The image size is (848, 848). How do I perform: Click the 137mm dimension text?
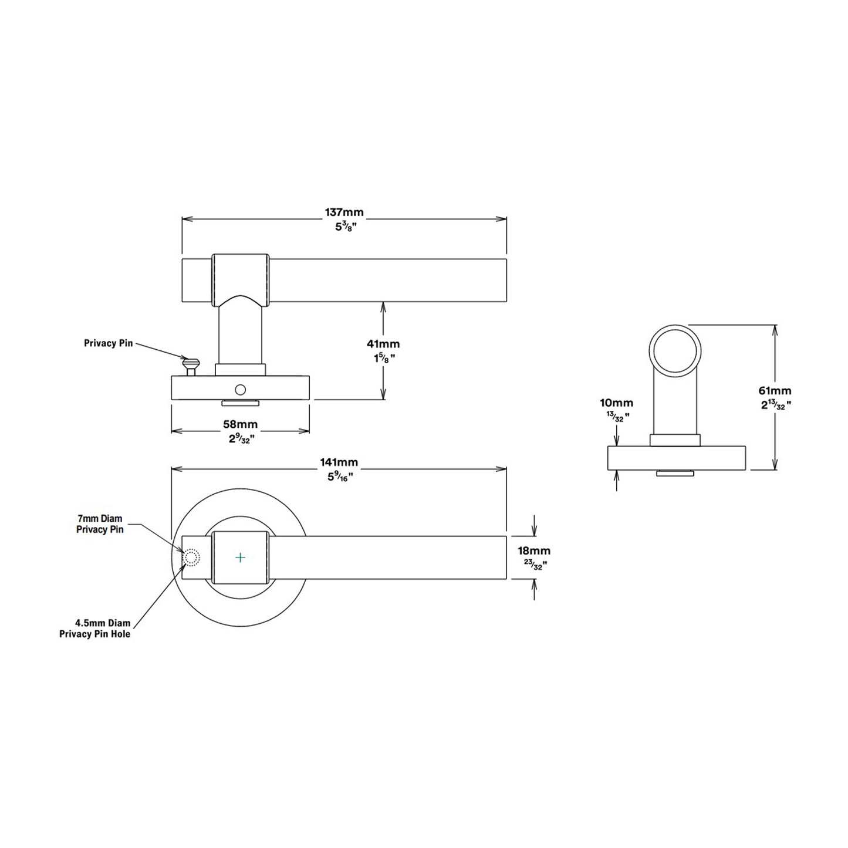pos(344,212)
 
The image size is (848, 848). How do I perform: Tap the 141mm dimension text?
pos(339,462)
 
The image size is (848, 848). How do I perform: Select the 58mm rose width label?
pos(240,425)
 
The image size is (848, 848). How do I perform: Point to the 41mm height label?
pos(383,344)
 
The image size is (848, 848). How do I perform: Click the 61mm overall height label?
pos(775,390)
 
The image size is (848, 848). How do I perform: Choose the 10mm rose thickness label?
pos(617,403)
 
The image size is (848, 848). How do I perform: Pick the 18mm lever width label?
pos(534,550)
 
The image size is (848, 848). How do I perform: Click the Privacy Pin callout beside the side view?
pos(108,343)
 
